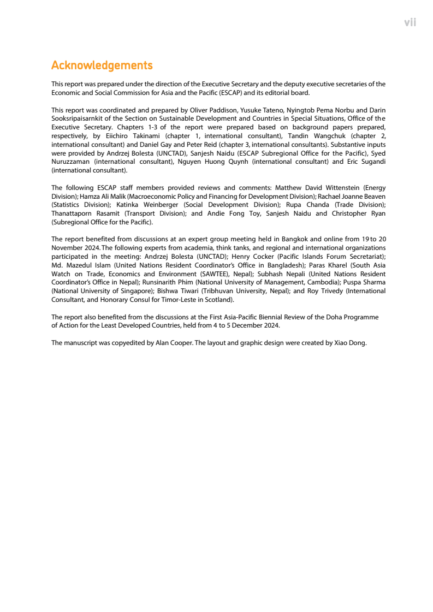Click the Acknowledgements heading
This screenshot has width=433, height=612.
point(102,66)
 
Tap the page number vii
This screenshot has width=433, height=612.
point(410,22)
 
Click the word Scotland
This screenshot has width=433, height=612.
point(219,300)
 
